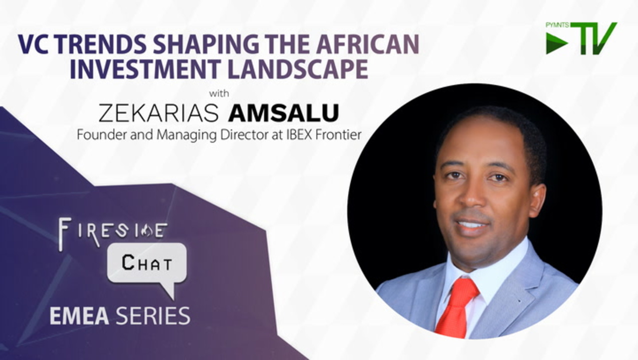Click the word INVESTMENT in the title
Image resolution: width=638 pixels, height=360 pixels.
click(145, 69)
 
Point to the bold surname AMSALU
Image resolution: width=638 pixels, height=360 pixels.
click(284, 113)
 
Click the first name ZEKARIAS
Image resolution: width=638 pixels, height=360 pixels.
click(159, 113)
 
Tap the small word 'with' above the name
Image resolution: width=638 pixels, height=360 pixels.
click(219, 93)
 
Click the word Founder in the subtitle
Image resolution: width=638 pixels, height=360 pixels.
click(102, 134)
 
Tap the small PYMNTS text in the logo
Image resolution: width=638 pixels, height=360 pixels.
click(557, 25)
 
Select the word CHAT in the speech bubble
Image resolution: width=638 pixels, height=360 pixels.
click(147, 263)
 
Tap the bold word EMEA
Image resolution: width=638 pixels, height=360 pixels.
click(79, 315)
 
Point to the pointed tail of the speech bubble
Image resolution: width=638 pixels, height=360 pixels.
click(172, 298)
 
